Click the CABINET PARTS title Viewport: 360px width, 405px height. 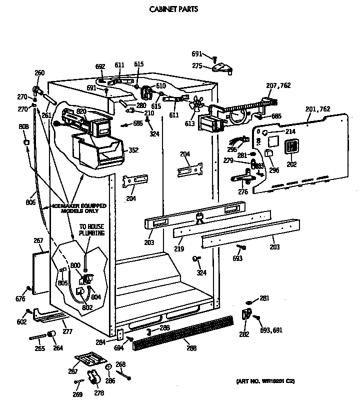point(173,8)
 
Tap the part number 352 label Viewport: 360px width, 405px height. point(133,149)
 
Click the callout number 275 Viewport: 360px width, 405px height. point(197,65)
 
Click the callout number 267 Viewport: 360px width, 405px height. point(38,240)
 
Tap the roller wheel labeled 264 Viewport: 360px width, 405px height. point(51,335)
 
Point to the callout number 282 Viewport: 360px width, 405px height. point(243,334)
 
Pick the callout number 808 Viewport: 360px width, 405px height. point(23,126)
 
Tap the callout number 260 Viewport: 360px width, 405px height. point(39,73)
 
